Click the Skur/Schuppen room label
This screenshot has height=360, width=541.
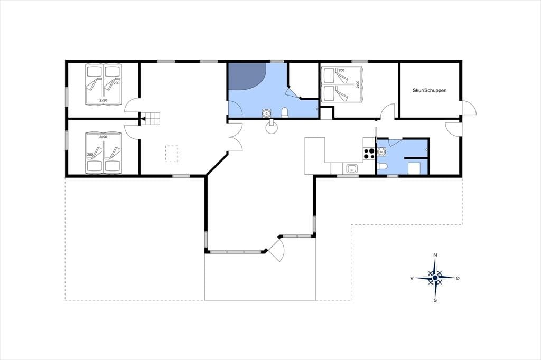[430, 90]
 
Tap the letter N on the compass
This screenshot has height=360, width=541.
[435, 255]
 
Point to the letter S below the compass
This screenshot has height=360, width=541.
[435, 300]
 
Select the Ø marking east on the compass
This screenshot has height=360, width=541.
[458, 278]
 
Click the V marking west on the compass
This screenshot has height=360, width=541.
[412, 278]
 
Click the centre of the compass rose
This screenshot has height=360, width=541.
[435, 278]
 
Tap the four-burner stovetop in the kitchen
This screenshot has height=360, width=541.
[369, 154]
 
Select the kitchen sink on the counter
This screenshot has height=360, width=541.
[352, 168]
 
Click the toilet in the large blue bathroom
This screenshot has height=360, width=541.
[285, 113]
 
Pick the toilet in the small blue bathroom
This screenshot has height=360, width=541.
[383, 167]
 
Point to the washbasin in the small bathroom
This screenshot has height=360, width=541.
[381, 151]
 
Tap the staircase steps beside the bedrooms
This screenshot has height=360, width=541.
[151, 119]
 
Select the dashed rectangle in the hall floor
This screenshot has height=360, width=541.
[172, 154]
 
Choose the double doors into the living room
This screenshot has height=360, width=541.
[236, 137]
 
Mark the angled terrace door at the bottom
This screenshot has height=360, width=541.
[277, 249]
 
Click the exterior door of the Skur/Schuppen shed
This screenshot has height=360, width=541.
[469, 108]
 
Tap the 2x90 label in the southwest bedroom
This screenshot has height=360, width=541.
[103, 137]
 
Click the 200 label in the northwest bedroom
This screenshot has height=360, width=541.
[117, 83]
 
